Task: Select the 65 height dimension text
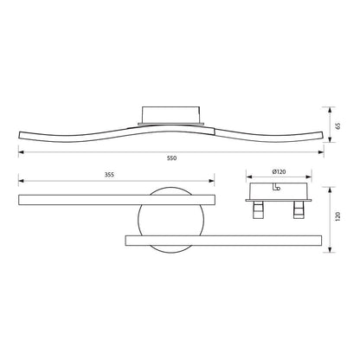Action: click(x=338, y=124)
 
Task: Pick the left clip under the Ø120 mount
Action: click(x=257, y=209)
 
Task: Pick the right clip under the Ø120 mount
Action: click(x=298, y=209)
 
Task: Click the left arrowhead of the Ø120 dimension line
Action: click(x=247, y=181)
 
